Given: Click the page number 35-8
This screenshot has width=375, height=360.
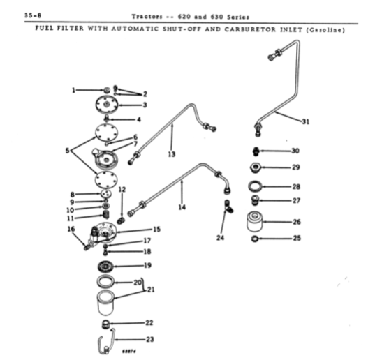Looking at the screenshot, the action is (x=33, y=15).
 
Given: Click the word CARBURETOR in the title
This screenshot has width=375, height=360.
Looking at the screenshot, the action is (x=250, y=29).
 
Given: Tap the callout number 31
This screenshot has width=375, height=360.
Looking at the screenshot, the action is (x=306, y=122).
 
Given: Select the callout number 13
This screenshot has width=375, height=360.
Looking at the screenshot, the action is (x=172, y=154).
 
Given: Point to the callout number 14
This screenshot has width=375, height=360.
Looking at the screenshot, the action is (x=182, y=207).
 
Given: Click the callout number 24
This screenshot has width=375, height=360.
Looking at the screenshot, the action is (x=220, y=238).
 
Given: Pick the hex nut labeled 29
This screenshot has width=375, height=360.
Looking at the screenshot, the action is (x=255, y=167).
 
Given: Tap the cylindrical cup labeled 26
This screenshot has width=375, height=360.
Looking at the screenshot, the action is (x=255, y=222).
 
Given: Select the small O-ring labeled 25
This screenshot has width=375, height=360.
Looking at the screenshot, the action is (x=255, y=239).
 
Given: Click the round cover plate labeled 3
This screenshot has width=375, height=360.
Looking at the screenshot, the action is (x=107, y=105).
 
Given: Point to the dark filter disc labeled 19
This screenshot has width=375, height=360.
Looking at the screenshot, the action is (x=106, y=267).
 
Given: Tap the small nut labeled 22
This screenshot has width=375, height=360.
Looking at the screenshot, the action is (x=105, y=324).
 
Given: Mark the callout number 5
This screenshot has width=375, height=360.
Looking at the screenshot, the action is (x=68, y=151).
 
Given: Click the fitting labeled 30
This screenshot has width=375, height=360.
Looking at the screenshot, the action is (x=256, y=151).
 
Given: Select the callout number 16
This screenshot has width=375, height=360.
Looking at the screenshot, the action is (x=71, y=229).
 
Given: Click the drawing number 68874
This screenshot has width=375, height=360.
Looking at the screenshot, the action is (x=129, y=352).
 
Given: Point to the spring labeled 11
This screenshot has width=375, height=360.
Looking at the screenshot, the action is (x=105, y=214).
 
